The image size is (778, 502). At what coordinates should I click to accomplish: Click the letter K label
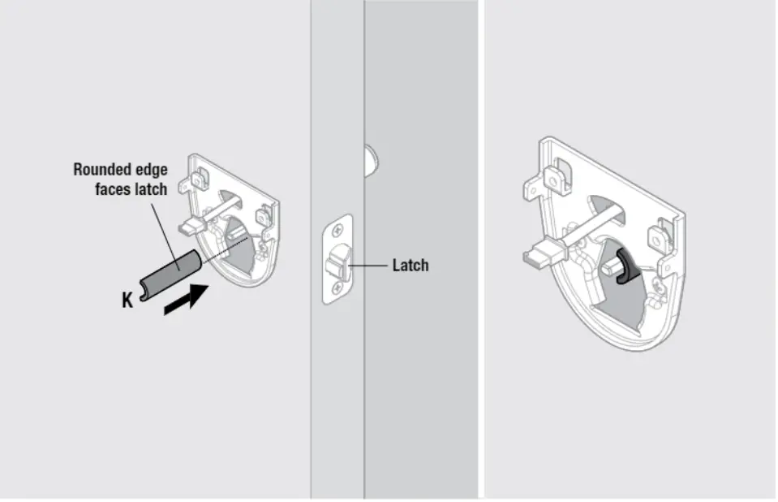[127, 301]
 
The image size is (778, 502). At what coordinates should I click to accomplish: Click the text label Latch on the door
[410, 266]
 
